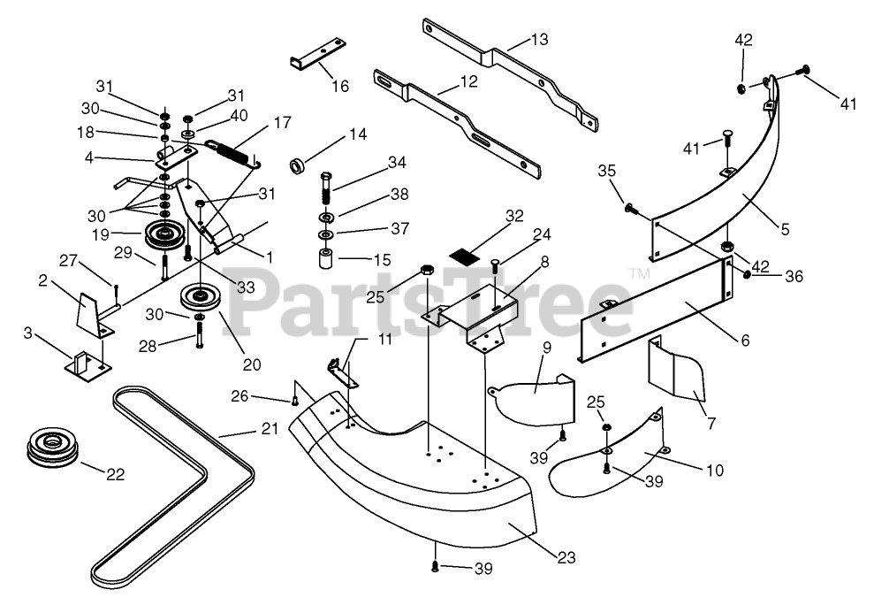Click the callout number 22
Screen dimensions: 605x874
coord(115,475)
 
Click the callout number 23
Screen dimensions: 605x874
coord(566,557)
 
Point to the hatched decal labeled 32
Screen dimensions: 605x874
coord(463,255)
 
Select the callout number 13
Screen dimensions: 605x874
coord(540,39)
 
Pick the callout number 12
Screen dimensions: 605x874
coord(468,81)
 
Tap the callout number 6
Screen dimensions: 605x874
coord(745,340)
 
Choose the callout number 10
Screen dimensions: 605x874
coord(715,471)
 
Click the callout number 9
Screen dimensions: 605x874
coord(546,348)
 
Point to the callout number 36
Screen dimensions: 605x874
coord(794,276)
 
